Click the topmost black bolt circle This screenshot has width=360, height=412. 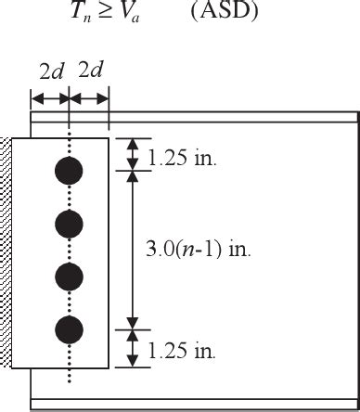click(70, 171)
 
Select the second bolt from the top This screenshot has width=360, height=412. click(70, 224)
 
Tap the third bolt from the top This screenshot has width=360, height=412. click(70, 277)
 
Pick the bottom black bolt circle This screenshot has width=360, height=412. click(70, 329)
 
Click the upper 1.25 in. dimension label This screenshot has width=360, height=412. click(183, 159)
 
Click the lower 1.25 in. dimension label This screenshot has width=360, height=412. click(183, 352)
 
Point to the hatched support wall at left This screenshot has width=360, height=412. click(6, 251)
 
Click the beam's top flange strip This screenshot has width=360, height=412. click(232, 117)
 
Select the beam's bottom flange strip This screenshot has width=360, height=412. click(232, 404)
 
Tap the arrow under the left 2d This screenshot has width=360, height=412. click(50, 97)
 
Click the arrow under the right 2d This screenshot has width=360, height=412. click(90, 97)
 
